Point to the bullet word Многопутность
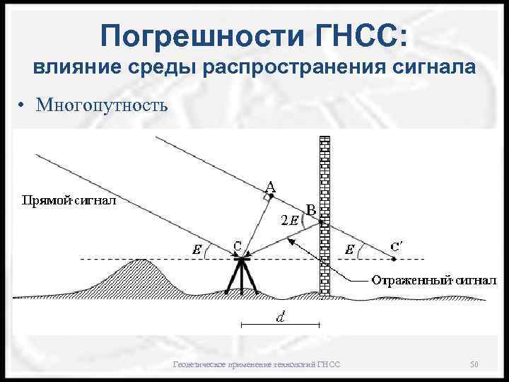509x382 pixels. coord(102,106)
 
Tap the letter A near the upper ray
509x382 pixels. coord(271,187)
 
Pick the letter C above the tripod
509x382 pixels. coord(238,246)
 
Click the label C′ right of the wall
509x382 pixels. coord(398,246)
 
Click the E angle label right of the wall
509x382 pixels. coord(349,250)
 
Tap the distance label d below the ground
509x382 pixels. coord(280,318)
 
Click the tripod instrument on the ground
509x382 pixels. coord(241,277)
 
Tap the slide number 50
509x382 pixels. coord(474,364)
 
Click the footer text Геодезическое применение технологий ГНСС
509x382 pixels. coord(257,364)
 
